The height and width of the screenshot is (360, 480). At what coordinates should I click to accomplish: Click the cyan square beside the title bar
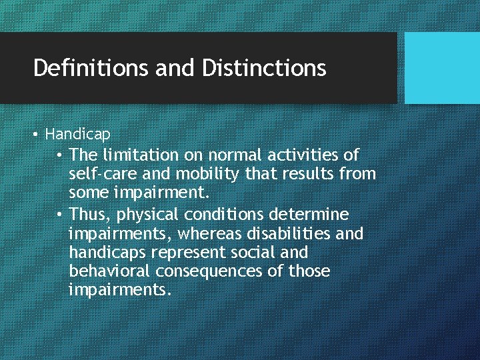click(x=442, y=68)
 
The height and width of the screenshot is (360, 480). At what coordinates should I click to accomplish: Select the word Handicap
click(x=77, y=134)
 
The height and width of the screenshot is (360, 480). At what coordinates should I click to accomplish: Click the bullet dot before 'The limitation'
click(x=60, y=155)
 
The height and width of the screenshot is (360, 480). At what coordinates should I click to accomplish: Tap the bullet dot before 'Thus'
click(x=60, y=215)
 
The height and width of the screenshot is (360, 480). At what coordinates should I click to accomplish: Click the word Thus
click(x=87, y=215)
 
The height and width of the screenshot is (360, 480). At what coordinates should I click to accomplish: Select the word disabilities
click(x=291, y=234)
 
